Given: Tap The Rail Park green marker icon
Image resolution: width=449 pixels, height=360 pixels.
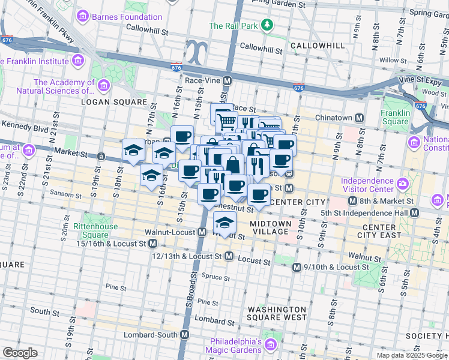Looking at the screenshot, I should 268,25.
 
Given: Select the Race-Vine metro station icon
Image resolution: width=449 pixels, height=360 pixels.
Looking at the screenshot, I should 228,80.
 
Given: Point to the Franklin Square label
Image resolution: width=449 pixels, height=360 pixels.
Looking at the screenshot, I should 396,117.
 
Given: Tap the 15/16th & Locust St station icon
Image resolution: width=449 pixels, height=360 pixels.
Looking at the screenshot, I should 152,244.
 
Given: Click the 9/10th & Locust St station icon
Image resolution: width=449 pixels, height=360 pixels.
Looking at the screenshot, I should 296,267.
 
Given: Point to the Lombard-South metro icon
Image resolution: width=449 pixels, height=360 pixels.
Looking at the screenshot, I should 185,335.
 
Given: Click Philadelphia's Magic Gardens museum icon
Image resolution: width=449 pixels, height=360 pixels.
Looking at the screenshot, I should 271,344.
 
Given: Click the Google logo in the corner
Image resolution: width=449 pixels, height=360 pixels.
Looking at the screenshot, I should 20,353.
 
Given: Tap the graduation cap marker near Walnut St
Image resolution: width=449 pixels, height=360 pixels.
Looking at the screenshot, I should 224,223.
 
